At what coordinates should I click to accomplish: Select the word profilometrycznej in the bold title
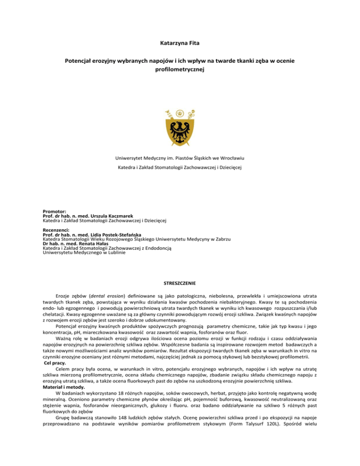[180, 70]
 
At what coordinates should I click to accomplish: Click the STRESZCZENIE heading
[180, 283]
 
